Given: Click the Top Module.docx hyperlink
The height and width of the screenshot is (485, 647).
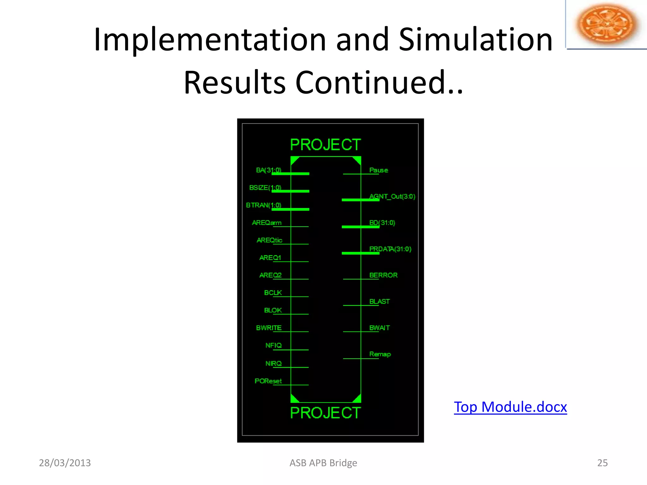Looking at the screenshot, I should pos(510,407).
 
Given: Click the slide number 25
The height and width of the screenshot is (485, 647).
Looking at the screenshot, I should pos(602,463).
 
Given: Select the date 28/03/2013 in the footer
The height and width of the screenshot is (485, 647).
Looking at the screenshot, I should pos(65,463).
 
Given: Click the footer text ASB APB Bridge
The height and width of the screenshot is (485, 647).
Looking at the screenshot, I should pos(323,463).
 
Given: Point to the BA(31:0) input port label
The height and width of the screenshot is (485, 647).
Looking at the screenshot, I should pos(269,170).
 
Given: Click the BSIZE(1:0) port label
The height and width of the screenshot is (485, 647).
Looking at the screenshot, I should pos(265,188).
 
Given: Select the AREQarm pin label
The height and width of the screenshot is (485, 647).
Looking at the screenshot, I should pos(267,223).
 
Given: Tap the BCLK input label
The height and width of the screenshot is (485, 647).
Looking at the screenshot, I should pos(273,293).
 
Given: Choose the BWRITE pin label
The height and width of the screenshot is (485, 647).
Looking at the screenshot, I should pos(269,328).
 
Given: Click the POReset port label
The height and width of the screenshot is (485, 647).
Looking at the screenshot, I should pos(268,381).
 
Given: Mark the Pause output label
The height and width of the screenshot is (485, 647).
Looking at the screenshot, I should pos(378,170).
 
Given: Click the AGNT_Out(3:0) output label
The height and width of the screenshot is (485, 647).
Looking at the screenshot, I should pos(392,196).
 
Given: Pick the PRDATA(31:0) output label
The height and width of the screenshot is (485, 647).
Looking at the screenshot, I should pos(390,249).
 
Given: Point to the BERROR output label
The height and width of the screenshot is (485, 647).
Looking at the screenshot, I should pos(383,275).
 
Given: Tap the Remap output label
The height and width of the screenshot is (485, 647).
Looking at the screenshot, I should pos(380,354).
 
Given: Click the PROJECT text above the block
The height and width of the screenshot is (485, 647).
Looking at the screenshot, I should pos(325,145).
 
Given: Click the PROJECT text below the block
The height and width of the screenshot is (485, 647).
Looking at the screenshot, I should pos(325,413).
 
